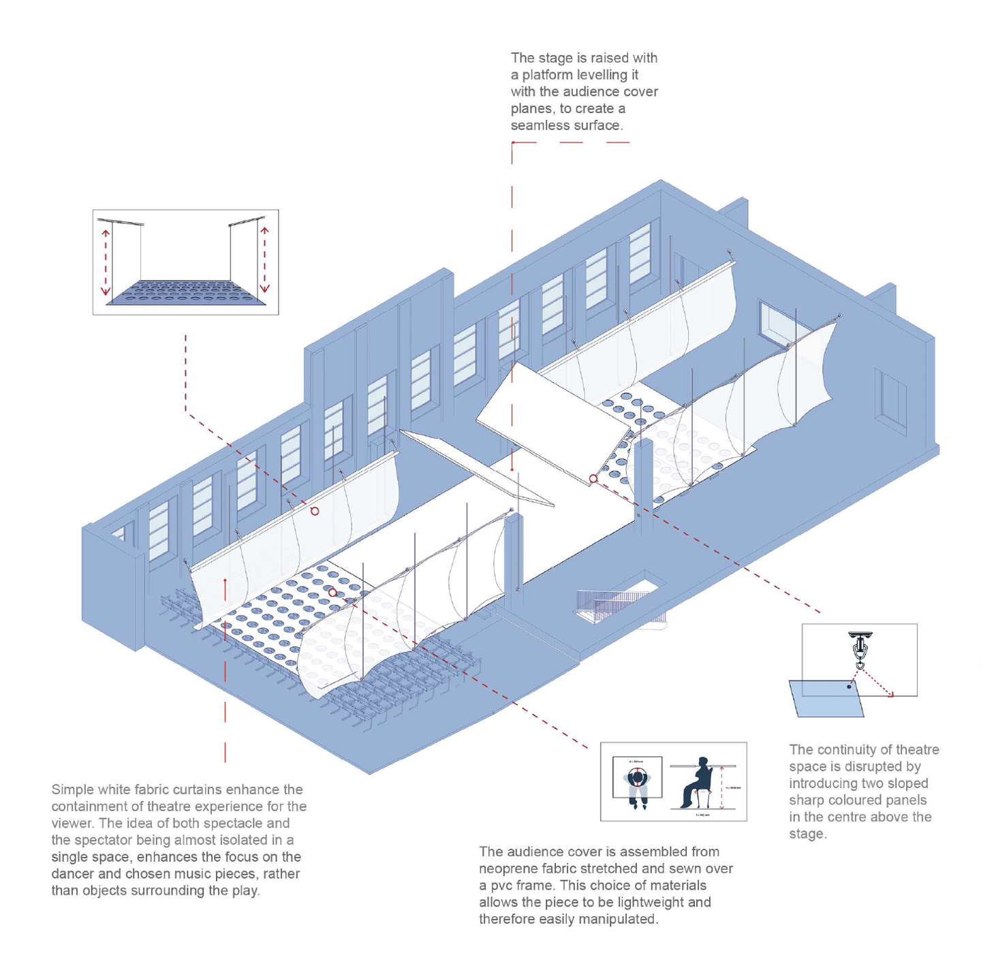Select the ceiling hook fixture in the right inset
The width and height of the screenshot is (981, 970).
click(x=860, y=647)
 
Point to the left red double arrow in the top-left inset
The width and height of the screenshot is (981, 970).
click(x=106, y=262)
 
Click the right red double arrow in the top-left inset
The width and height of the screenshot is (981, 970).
click(x=264, y=260)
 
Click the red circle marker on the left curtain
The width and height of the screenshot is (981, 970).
click(x=315, y=511)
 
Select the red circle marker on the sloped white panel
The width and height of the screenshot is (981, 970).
click(x=593, y=479)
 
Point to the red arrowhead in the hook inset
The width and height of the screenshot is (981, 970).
click(x=891, y=695)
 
